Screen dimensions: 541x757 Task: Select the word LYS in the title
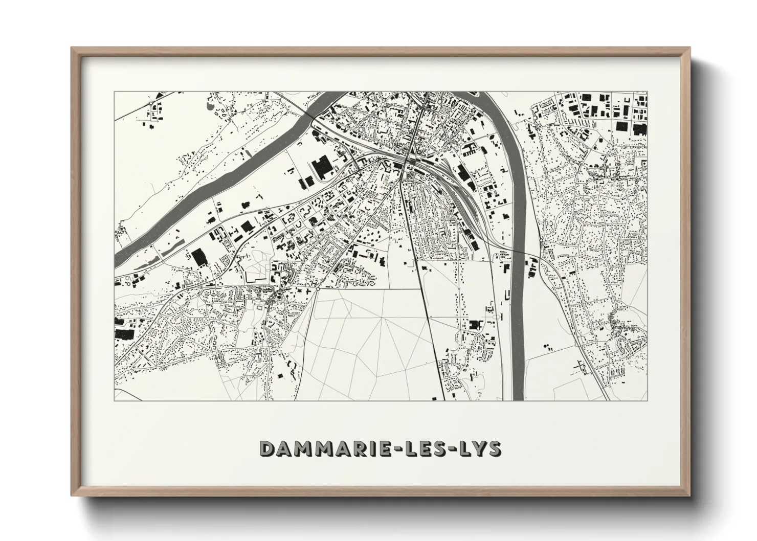(481, 449)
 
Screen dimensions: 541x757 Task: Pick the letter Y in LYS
(481, 449)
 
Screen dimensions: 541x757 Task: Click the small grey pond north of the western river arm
(210, 106)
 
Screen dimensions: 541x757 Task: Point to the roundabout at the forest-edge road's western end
(318, 289)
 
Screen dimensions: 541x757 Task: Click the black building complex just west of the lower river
(476, 325)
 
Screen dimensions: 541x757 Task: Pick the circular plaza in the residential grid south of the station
(435, 219)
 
